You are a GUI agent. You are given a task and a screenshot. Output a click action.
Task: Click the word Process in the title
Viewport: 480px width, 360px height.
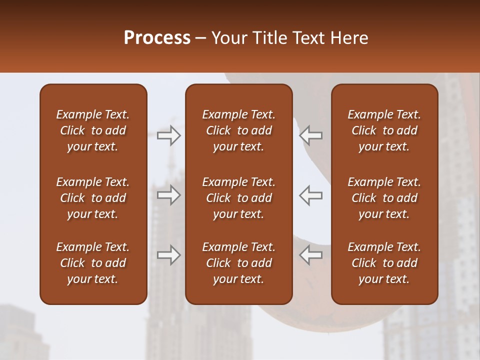tap(157, 38)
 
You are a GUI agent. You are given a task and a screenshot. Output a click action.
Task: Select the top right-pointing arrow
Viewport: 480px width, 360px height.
tap(168, 135)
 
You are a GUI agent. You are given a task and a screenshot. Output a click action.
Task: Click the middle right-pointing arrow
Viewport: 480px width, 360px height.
tap(168, 195)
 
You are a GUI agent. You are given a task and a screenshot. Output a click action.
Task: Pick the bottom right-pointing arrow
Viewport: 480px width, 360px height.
tap(168, 254)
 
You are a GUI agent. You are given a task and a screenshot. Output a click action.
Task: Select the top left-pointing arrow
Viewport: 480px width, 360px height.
tap(311, 135)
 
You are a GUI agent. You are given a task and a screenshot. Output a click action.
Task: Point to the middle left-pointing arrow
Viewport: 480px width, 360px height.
tap(311, 195)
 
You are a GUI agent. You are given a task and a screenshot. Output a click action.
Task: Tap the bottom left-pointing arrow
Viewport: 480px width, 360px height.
tap(311, 254)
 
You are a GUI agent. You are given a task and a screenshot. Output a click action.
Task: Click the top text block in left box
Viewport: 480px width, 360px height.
tap(92, 130)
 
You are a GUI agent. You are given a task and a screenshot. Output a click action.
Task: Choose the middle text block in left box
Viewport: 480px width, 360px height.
tap(92, 198)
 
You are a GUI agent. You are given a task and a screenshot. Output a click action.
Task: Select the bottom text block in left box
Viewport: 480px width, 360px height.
tap(92, 263)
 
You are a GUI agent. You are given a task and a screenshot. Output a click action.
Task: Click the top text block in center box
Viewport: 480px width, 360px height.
tap(238, 130)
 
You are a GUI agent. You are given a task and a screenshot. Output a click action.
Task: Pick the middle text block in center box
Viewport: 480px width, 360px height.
tap(238, 198)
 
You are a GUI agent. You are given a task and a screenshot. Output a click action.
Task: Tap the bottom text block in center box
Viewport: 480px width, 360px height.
tap(238, 263)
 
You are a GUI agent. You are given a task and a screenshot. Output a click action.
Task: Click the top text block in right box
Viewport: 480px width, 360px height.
tap(384, 130)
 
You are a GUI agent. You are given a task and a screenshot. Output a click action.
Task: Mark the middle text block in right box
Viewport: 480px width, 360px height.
tap(384, 198)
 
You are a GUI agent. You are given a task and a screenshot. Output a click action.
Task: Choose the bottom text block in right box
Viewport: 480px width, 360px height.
tap(384, 263)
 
